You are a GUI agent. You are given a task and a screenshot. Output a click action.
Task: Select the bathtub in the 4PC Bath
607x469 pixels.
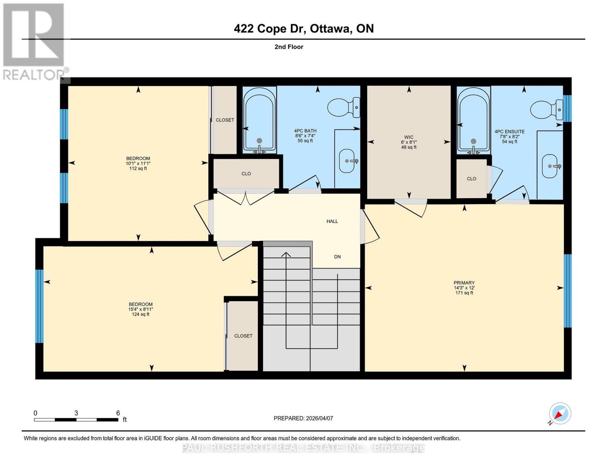(x=259, y=119)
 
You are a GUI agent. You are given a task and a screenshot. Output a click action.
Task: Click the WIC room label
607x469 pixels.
(x=409, y=137)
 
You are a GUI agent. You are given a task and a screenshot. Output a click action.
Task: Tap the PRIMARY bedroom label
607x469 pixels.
(x=464, y=283)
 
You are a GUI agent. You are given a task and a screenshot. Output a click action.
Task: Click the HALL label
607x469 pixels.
(x=332, y=221)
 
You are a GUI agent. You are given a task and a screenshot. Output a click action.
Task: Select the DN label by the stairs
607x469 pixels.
(x=337, y=257)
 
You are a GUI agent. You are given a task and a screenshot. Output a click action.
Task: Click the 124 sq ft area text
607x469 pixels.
(x=141, y=314)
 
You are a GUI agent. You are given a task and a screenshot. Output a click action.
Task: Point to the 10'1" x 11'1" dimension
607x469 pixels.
(x=138, y=163)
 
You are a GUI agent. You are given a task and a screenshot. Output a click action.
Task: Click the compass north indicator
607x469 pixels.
(x=560, y=414)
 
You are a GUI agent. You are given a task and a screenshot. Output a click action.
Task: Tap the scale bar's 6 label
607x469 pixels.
(x=118, y=413)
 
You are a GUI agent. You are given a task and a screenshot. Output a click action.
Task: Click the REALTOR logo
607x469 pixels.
(x=34, y=41)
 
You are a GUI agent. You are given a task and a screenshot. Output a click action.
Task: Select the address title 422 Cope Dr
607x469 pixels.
(x=303, y=29)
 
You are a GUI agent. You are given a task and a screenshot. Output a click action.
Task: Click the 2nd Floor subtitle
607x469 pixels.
(x=289, y=47)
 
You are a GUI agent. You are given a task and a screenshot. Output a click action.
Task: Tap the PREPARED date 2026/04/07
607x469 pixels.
(x=303, y=418)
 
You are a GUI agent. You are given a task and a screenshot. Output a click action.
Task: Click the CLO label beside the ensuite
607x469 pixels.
(x=471, y=179)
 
